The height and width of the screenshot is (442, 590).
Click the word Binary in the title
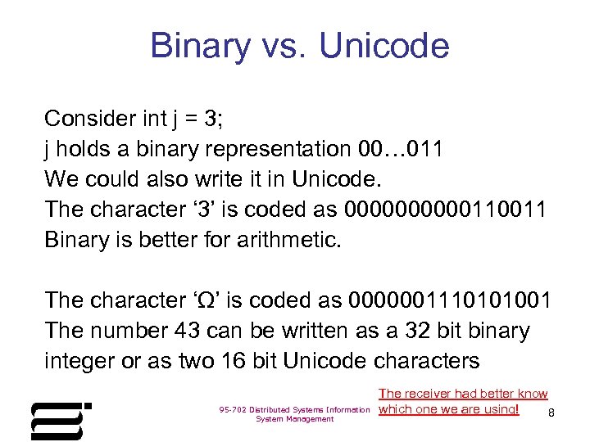200,47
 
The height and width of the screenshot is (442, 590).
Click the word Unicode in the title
384,47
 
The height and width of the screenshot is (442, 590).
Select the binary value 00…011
401,149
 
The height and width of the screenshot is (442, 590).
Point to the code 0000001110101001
450,300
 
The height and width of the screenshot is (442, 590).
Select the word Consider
90,119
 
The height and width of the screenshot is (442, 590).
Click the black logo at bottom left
61,421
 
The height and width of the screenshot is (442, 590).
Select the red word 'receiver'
429,394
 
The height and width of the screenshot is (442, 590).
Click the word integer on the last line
80,361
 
